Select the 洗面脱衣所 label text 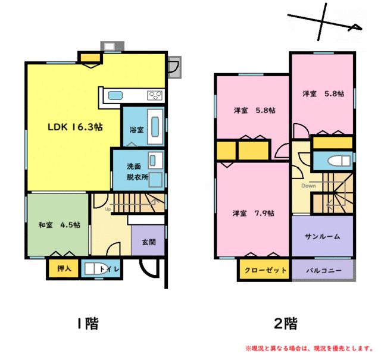pos(137,172)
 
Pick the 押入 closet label pos(64,268)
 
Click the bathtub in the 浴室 pos(154,126)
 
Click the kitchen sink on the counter pos(115,95)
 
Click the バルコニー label pos(324,270)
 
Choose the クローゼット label pos(266,270)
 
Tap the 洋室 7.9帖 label pos(253,213)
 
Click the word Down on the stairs pos(308,186)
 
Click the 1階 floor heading pos(88,324)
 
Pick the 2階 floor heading pos(286,324)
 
